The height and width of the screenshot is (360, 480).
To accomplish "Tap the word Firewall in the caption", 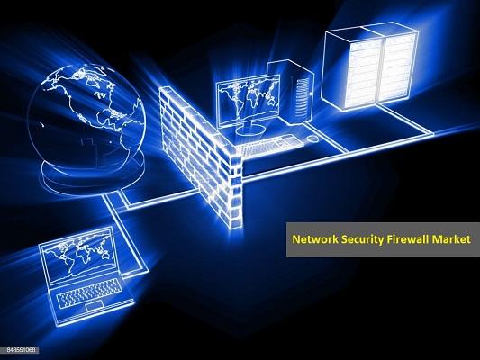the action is (407, 239).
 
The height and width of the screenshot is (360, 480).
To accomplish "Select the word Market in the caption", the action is (450, 239).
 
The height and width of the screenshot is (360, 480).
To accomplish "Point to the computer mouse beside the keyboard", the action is (312, 139).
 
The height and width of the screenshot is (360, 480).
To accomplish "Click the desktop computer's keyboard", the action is (267, 144).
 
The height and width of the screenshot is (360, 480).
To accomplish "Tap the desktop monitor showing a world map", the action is (249, 101).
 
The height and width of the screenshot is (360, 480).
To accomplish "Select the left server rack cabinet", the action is (352, 67).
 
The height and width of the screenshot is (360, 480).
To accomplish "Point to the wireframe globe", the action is (86, 119).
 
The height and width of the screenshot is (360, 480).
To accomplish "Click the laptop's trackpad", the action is (94, 306).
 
